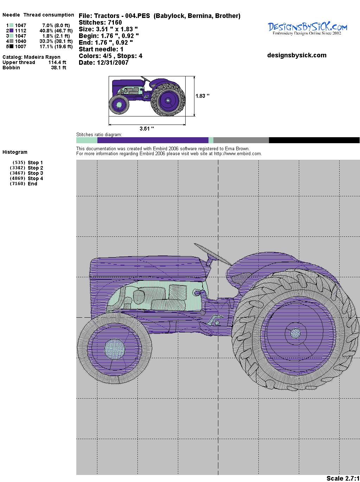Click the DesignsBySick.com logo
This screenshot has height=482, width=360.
click(307, 28)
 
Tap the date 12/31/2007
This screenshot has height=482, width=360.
click(112, 63)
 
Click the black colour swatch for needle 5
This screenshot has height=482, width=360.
click(11, 46)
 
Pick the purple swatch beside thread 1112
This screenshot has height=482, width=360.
click(11, 31)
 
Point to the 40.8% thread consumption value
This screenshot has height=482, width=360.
click(46, 31)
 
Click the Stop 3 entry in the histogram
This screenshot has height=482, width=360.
click(35, 173)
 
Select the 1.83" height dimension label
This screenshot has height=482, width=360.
click(202, 96)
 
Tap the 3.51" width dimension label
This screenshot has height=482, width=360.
click(147, 128)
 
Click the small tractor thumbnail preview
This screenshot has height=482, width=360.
click(147, 96)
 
